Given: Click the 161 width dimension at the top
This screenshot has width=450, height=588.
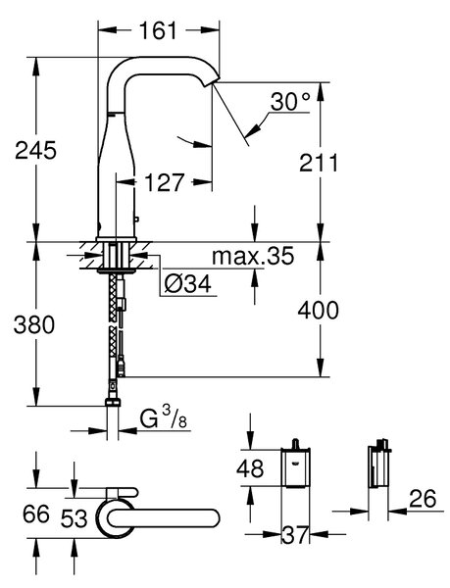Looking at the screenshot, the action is (158, 30).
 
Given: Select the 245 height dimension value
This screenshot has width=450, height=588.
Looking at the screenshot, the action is (35, 150).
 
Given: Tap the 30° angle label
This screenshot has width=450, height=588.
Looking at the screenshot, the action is (290, 101).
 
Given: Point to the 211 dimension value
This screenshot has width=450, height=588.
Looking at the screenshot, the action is (319, 163).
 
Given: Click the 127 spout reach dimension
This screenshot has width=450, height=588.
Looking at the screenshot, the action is (165, 182).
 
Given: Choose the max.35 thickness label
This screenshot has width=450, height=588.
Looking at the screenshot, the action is (253, 257).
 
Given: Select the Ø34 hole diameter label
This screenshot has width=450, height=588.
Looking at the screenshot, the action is (188, 285).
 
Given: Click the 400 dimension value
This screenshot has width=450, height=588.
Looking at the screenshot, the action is (318, 311).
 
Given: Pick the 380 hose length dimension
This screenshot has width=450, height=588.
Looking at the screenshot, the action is (34, 324).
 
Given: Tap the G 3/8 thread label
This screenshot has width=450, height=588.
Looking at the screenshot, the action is (164, 419).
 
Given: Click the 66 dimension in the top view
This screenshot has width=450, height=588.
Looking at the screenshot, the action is (36, 514).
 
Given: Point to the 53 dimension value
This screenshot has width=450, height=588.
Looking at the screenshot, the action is (74, 518).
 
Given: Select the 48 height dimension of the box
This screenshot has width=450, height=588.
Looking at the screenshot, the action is (250, 468).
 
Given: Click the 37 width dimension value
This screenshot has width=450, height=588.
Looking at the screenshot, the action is (295, 535).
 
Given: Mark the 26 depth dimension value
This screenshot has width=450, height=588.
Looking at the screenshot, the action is (423, 498).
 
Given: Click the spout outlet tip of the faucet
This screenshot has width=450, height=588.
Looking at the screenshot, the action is (212, 83).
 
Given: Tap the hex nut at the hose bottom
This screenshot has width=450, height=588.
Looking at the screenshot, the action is (113, 403).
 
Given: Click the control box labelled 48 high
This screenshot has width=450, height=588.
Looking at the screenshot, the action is (295, 465).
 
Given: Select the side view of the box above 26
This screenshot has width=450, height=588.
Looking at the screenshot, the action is (379, 464).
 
